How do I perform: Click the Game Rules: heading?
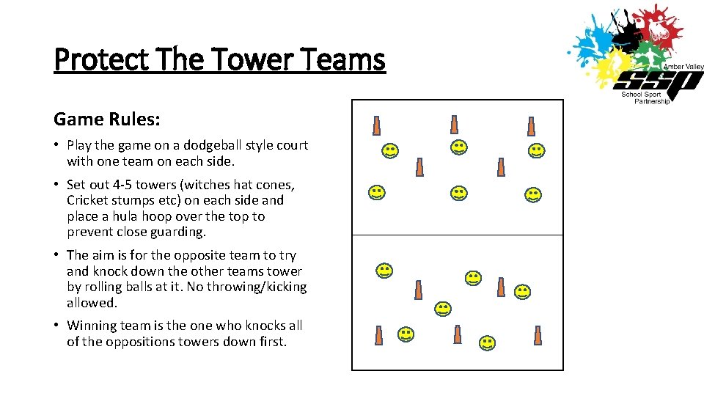point(107,118)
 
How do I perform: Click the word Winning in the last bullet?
point(91,325)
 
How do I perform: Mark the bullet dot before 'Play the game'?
point(57,146)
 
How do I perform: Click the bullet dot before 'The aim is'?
point(57,256)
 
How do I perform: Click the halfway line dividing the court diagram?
point(458,235)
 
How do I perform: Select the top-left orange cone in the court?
point(377,126)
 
